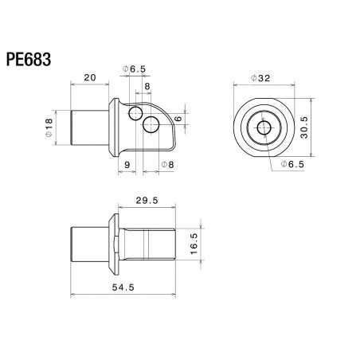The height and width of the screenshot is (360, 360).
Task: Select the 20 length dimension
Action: (88, 78)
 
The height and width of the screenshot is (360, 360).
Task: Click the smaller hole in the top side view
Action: (135, 112)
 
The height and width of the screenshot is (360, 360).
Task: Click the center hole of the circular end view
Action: (262, 126)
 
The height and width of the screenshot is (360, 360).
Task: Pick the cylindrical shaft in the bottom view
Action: (88, 243)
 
